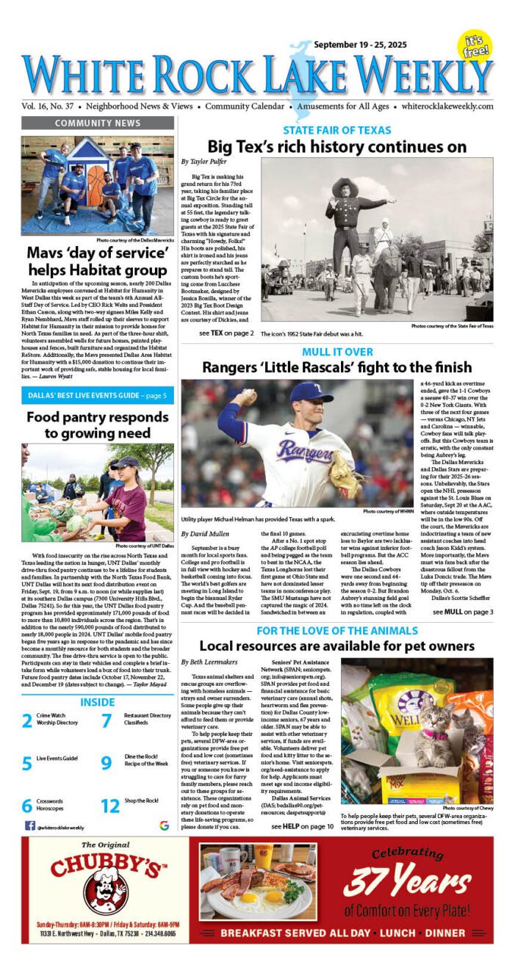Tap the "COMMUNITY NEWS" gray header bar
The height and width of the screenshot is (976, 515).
(97, 123)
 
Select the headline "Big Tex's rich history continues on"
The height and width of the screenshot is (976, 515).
(336, 146)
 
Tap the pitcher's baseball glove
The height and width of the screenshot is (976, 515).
(342, 474)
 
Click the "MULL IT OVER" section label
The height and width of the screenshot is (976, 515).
(336, 353)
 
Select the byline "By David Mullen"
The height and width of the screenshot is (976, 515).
(209, 533)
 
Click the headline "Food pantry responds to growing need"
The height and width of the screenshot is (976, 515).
(97, 426)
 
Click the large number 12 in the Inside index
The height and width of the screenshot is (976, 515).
(110, 806)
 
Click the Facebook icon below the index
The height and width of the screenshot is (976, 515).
(29, 825)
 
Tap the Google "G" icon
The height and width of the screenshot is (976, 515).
(164, 825)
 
